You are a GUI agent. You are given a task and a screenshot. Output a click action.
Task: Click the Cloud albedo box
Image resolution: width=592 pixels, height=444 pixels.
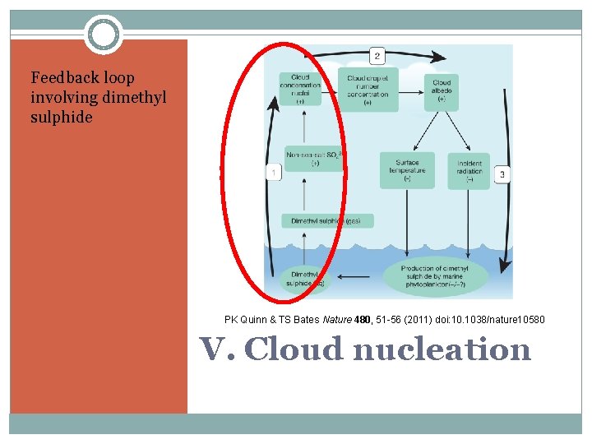pyautogui.click(x=442, y=91)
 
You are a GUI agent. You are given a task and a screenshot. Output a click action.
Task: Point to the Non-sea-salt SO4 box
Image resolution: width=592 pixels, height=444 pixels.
pyautogui.click(x=312, y=158)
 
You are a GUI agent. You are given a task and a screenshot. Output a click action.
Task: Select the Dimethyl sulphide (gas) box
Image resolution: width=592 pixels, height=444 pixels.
pyautogui.click(x=327, y=221)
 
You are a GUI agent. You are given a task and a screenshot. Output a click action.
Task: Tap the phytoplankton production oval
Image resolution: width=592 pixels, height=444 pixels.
pyautogui.click(x=435, y=278)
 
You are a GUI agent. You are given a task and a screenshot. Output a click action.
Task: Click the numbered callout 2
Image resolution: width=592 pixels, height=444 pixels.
pyautogui.click(x=377, y=56)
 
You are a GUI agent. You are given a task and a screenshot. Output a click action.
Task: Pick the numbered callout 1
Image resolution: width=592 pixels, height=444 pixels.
pyautogui.click(x=273, y=173)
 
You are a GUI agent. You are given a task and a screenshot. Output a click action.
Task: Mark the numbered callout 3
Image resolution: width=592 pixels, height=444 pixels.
pyautogui.click(x=502, y=174)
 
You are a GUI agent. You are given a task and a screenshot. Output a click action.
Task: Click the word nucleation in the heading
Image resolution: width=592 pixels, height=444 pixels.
pyautogui.click(x=442, y=349)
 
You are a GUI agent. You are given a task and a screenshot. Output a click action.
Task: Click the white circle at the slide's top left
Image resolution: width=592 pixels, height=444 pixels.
pyautogui.click(x=104, y=35)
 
